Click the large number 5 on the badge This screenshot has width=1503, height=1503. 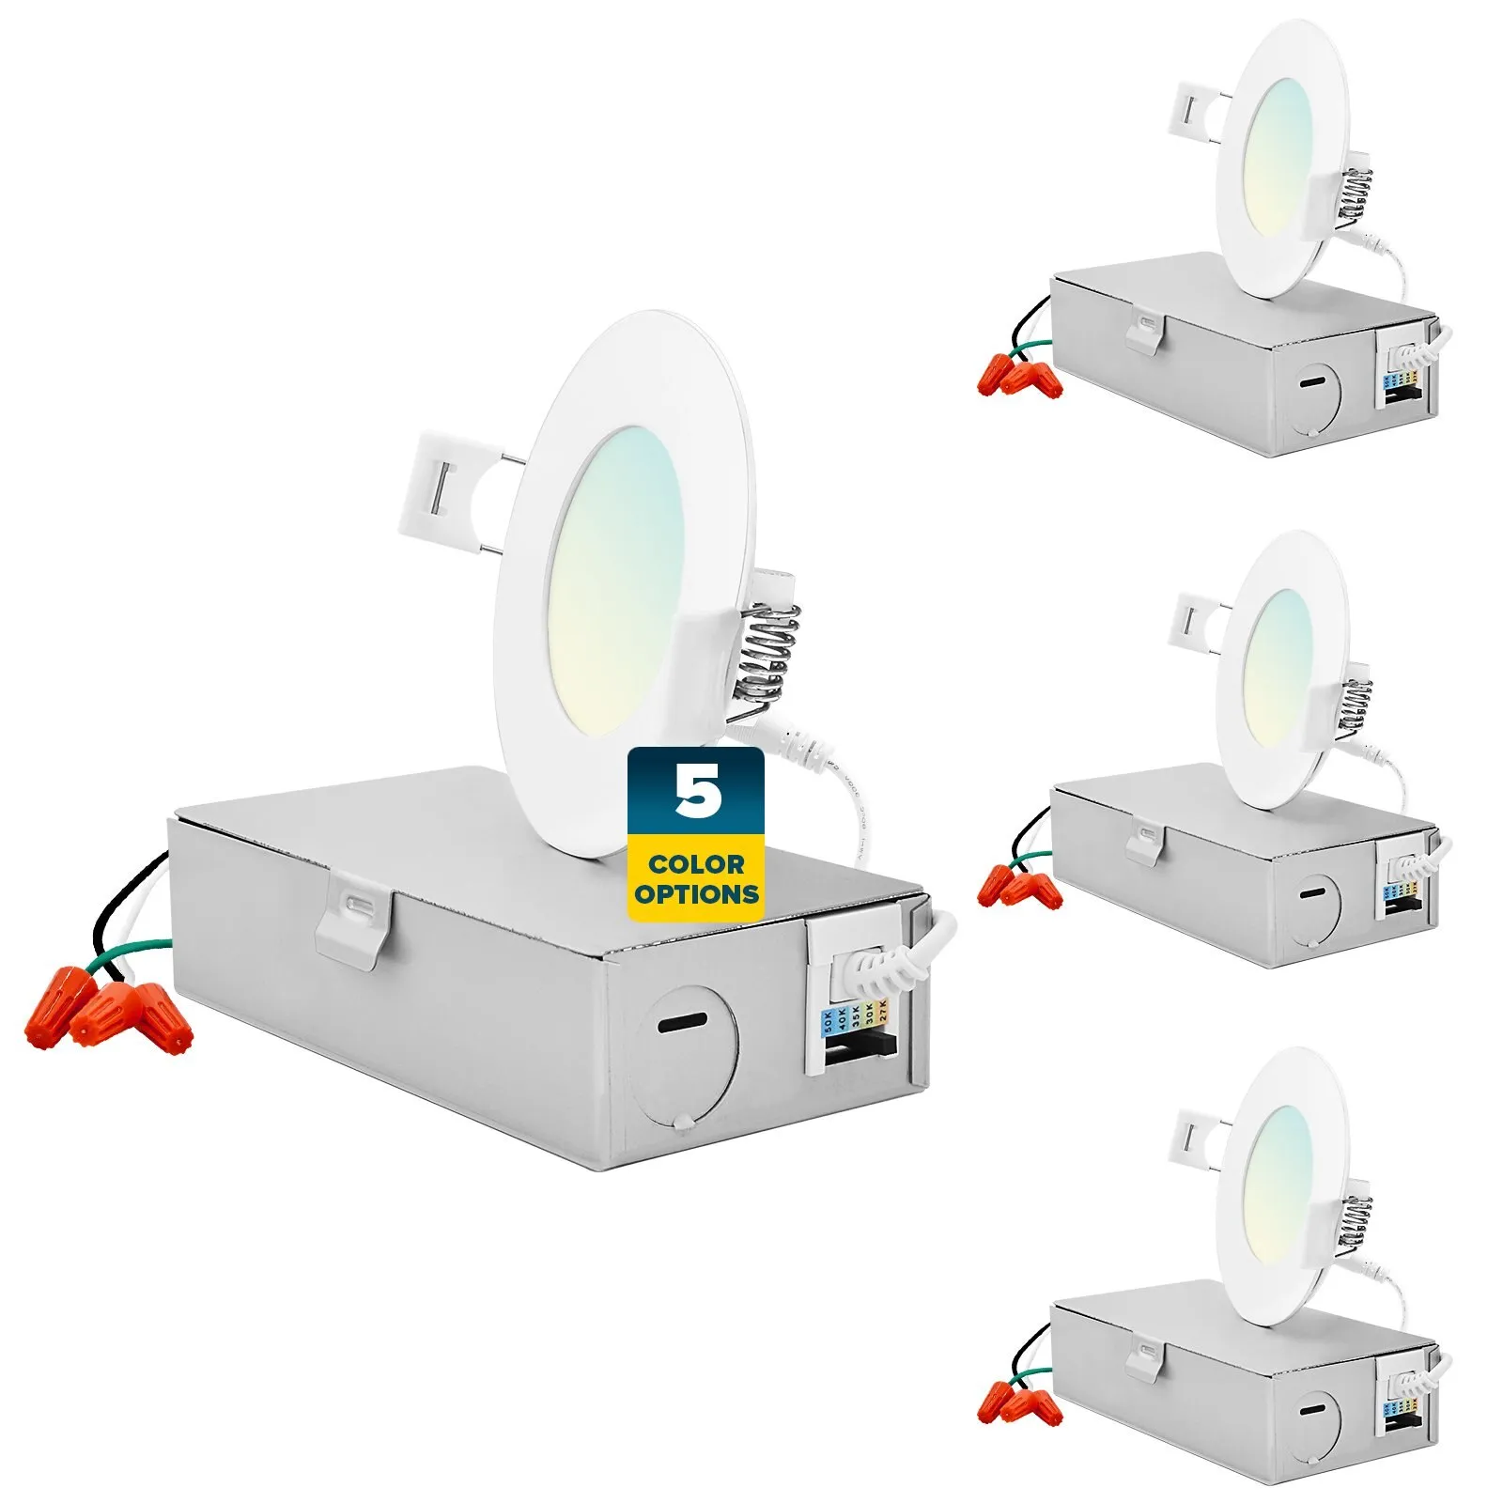click(x=697, y=790)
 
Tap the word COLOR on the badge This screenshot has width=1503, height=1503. click(x=696, y=864)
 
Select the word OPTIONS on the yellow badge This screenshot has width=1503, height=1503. click(x=696, y=893)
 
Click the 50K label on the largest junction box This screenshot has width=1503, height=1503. click(x=829, y=1020)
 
